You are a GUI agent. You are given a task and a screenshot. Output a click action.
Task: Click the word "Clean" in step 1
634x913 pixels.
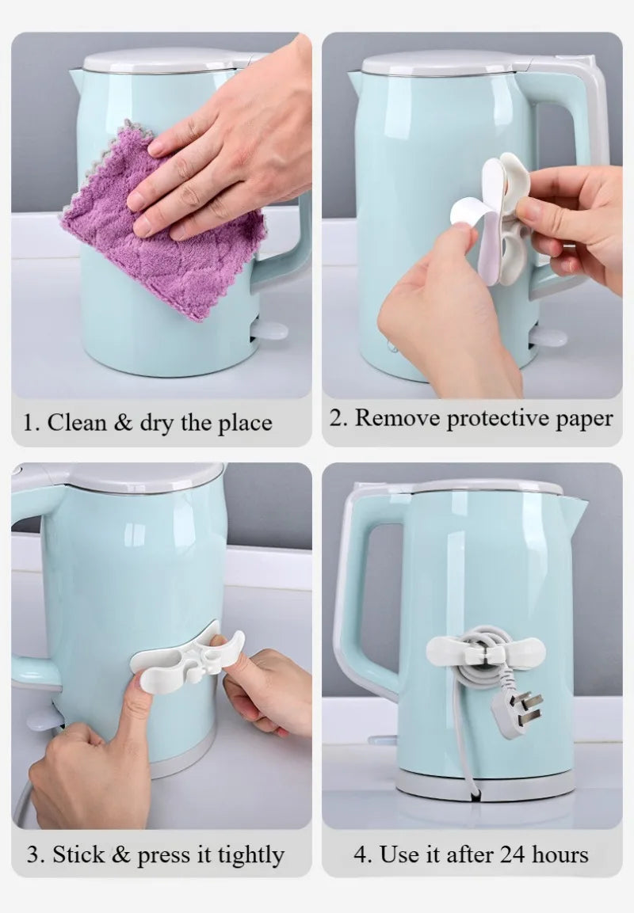tap(78, 422)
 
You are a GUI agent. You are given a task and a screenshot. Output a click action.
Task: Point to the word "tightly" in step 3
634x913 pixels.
tap(251, 856)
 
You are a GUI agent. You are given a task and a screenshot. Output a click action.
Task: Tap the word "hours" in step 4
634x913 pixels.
tap(560, 854)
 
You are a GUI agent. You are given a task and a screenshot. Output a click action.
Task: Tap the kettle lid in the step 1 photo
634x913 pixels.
tap(166, 59)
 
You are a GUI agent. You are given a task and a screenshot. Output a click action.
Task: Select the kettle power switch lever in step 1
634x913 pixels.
tap(269, 330)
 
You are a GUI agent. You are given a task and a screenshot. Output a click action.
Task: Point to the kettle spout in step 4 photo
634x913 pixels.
tap(575, 508)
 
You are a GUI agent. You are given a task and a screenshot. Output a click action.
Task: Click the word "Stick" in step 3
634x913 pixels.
tap(79, 854)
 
